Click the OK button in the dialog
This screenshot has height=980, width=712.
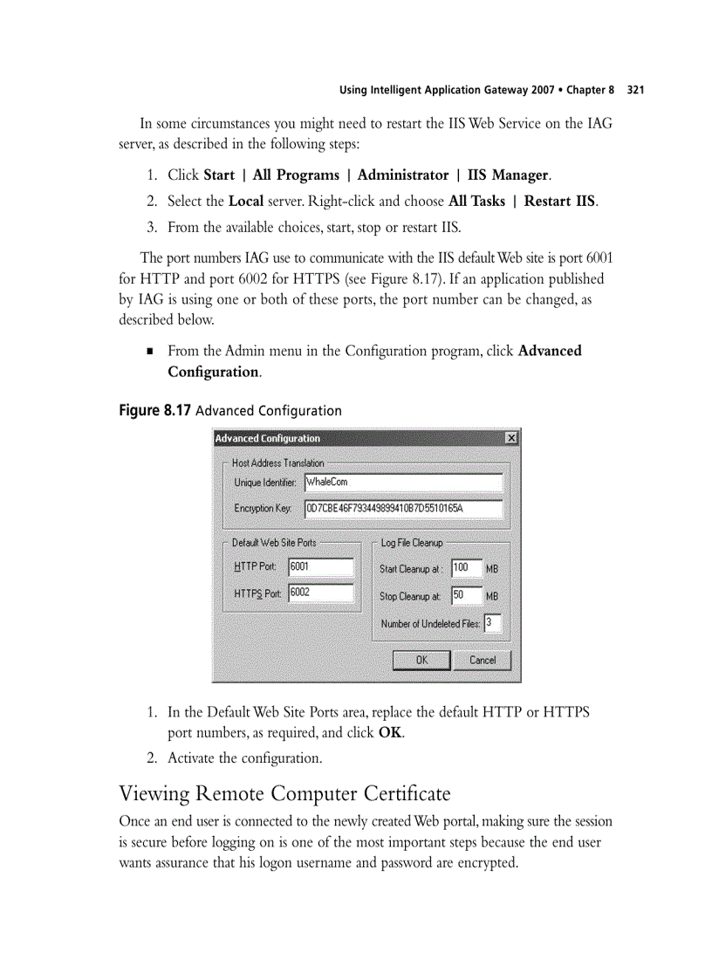[x=421, y=660]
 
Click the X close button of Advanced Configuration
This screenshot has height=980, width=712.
[x=511, y=438]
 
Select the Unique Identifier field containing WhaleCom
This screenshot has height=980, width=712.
[x=403, y=483]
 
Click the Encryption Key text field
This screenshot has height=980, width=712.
[x=403, y=509]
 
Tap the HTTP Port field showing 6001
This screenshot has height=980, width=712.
[x=320, y=567]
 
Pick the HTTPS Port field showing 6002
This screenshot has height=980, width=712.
[x=320, y=593]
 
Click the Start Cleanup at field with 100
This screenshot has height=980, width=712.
[x=466, y=568]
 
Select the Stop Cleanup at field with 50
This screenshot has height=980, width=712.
[x=466, y=595]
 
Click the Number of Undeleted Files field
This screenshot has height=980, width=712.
[x=492, y=623]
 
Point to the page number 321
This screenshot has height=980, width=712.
[x=635, y=90]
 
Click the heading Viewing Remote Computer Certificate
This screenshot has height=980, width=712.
[x=284, y=794]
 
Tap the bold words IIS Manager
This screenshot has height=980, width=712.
[x=508, y=175]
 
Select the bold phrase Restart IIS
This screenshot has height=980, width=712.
[x=559, y=201]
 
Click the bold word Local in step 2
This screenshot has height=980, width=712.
[x=246, y=201]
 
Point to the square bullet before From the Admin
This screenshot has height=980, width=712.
[x=150, y=352]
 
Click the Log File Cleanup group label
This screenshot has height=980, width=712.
[x=412, y=543]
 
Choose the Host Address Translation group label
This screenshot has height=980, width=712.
[x=277, y=463]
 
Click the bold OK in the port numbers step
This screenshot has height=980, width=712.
[x=390, y=733]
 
